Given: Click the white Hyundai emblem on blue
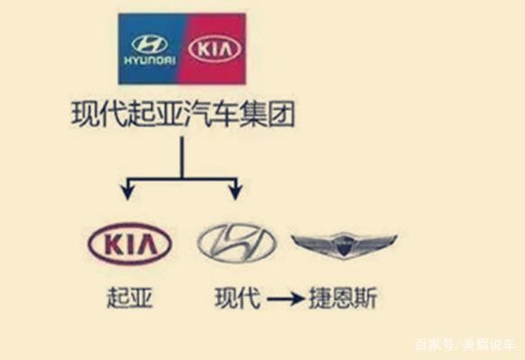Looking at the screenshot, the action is click(149, 44).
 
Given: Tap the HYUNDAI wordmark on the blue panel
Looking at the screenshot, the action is click(149, 60).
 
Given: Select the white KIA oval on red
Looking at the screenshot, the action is click(214, 49).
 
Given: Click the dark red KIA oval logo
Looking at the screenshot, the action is click(130, 243).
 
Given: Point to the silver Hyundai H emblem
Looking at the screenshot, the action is click(237, 243).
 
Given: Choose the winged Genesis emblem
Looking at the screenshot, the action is click(344, 245).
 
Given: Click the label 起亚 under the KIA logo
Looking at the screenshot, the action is click(130, 297).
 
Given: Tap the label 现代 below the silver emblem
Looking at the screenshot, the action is click(237, 297).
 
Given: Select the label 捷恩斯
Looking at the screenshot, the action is click(343, 297).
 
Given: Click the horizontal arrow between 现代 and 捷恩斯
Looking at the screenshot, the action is click(286, 298).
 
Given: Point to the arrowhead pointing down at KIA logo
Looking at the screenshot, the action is click(128, 193).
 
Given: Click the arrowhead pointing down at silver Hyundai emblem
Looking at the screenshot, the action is click(236, 193).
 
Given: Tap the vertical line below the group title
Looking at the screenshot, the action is click(182, 157).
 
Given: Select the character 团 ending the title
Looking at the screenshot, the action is click(281, 114).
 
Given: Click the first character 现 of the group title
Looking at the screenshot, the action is click(85, 114).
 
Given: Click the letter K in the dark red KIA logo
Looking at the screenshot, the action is click(113, 244).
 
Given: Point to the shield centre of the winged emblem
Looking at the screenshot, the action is click(344, 247).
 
